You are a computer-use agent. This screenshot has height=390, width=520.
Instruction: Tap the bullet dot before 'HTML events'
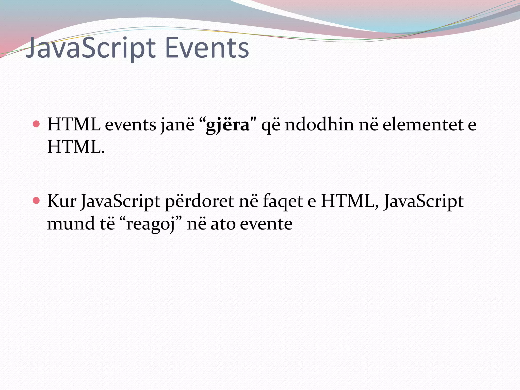(x=36, y=124)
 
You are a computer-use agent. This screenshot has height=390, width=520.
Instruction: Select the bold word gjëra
(x=227, y=125)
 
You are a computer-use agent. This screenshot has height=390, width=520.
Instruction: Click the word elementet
(x=423, y=125)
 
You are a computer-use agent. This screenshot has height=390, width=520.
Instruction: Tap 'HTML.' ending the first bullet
(x=76, y=147)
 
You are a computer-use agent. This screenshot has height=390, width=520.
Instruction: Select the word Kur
(x=62, y=201)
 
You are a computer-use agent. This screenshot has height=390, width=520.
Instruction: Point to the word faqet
(x=283, y=201)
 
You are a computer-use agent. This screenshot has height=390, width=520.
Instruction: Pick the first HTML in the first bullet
(x=74, y=125)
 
